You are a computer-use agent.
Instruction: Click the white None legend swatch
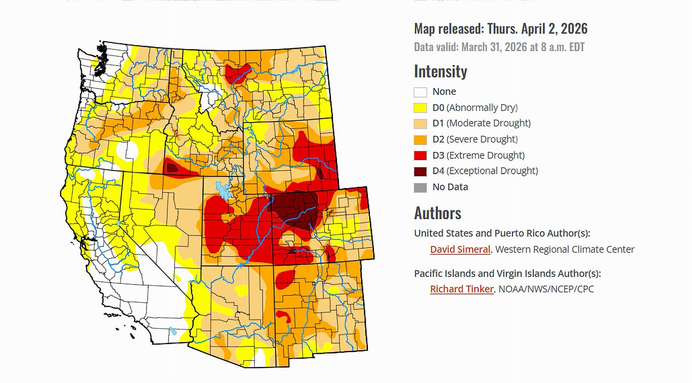(420, 92)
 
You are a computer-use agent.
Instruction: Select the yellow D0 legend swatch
(420, 108)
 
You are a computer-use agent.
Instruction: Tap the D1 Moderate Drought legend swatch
(420, 124)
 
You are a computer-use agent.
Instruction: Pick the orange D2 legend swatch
(420, 140)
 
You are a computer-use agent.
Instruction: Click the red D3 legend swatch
(420, 156)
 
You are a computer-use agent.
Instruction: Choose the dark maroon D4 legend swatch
(420, 171)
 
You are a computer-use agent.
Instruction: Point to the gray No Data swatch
(420, 188)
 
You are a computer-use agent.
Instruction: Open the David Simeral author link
(460, 249)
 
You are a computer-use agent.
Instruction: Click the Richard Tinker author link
(461, 289)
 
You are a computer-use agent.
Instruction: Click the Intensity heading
(440, 71)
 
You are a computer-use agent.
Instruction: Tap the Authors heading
(438, 213)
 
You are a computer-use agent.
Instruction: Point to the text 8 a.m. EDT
(562, 47)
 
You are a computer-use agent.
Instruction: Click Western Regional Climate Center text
(565, 249)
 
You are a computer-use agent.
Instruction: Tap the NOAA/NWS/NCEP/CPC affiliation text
(546, 289)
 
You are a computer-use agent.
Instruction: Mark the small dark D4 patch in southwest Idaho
(172, 167)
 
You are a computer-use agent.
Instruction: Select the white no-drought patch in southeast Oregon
(127, 150)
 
